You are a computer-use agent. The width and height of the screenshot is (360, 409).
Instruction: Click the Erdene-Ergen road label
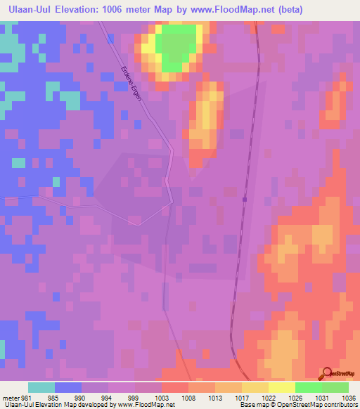tap(136, 83)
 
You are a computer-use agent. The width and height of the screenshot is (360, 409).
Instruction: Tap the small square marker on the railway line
tap(244, 199)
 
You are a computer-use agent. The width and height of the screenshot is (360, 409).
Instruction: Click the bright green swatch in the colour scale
tap(308, 387)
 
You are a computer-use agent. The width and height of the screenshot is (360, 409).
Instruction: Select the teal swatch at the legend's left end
tap(41, 387)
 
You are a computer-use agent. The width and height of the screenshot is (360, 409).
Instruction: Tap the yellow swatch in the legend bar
tap(281, 387)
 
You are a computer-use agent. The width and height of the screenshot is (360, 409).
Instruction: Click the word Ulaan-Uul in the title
tap(25, 11)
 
